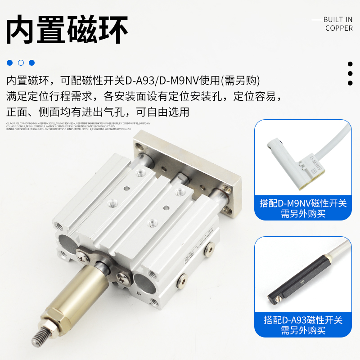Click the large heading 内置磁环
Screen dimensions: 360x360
pos(67,30)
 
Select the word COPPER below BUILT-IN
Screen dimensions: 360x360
pos(339,28)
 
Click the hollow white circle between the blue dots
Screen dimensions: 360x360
pos(21,63)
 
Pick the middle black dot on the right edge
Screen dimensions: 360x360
pos(350,73)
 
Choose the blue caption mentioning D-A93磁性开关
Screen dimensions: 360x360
pos(303,325)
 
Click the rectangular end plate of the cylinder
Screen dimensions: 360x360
pos(189,171)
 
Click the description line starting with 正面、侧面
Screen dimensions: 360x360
pos(98,112)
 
